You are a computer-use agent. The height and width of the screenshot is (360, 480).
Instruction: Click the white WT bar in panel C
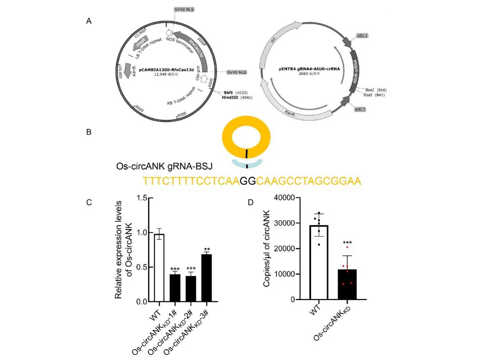159,268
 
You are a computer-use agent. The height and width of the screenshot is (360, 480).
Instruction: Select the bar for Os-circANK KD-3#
207,278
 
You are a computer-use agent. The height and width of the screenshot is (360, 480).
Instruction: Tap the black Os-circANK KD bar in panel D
347,284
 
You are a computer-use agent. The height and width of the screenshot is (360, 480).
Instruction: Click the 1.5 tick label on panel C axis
142,198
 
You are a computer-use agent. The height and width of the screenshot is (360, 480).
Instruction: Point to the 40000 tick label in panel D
284,198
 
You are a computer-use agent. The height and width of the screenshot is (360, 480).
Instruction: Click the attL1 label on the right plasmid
362,35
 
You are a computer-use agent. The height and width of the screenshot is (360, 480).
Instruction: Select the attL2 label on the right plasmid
360,109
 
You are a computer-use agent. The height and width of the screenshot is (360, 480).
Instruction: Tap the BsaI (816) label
376,90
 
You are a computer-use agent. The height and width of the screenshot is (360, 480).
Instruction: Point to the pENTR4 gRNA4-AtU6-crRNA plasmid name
309,69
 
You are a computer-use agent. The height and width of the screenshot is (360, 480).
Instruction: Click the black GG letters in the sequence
248,181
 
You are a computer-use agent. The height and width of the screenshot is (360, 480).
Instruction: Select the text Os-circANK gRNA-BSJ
164,167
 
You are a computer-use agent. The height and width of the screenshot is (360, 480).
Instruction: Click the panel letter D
251,202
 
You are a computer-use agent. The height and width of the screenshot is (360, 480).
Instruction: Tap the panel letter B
89,132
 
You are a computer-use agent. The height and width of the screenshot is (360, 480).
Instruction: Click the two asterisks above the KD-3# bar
207,249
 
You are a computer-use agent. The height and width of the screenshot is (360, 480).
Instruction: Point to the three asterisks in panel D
347,243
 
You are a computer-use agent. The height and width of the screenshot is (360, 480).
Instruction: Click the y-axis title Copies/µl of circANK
267,248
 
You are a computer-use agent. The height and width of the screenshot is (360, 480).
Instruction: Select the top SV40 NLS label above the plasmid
184,9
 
